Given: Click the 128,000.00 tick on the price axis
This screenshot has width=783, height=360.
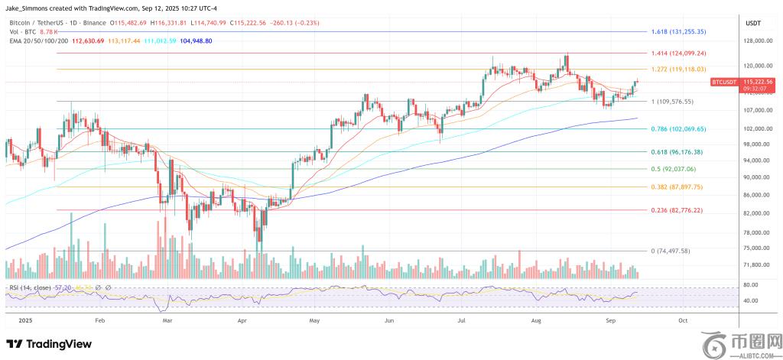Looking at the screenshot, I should [755, 41].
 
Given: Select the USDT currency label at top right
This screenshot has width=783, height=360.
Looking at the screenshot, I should [754, 23].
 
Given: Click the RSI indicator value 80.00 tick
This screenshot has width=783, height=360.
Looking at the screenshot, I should [750, 284].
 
